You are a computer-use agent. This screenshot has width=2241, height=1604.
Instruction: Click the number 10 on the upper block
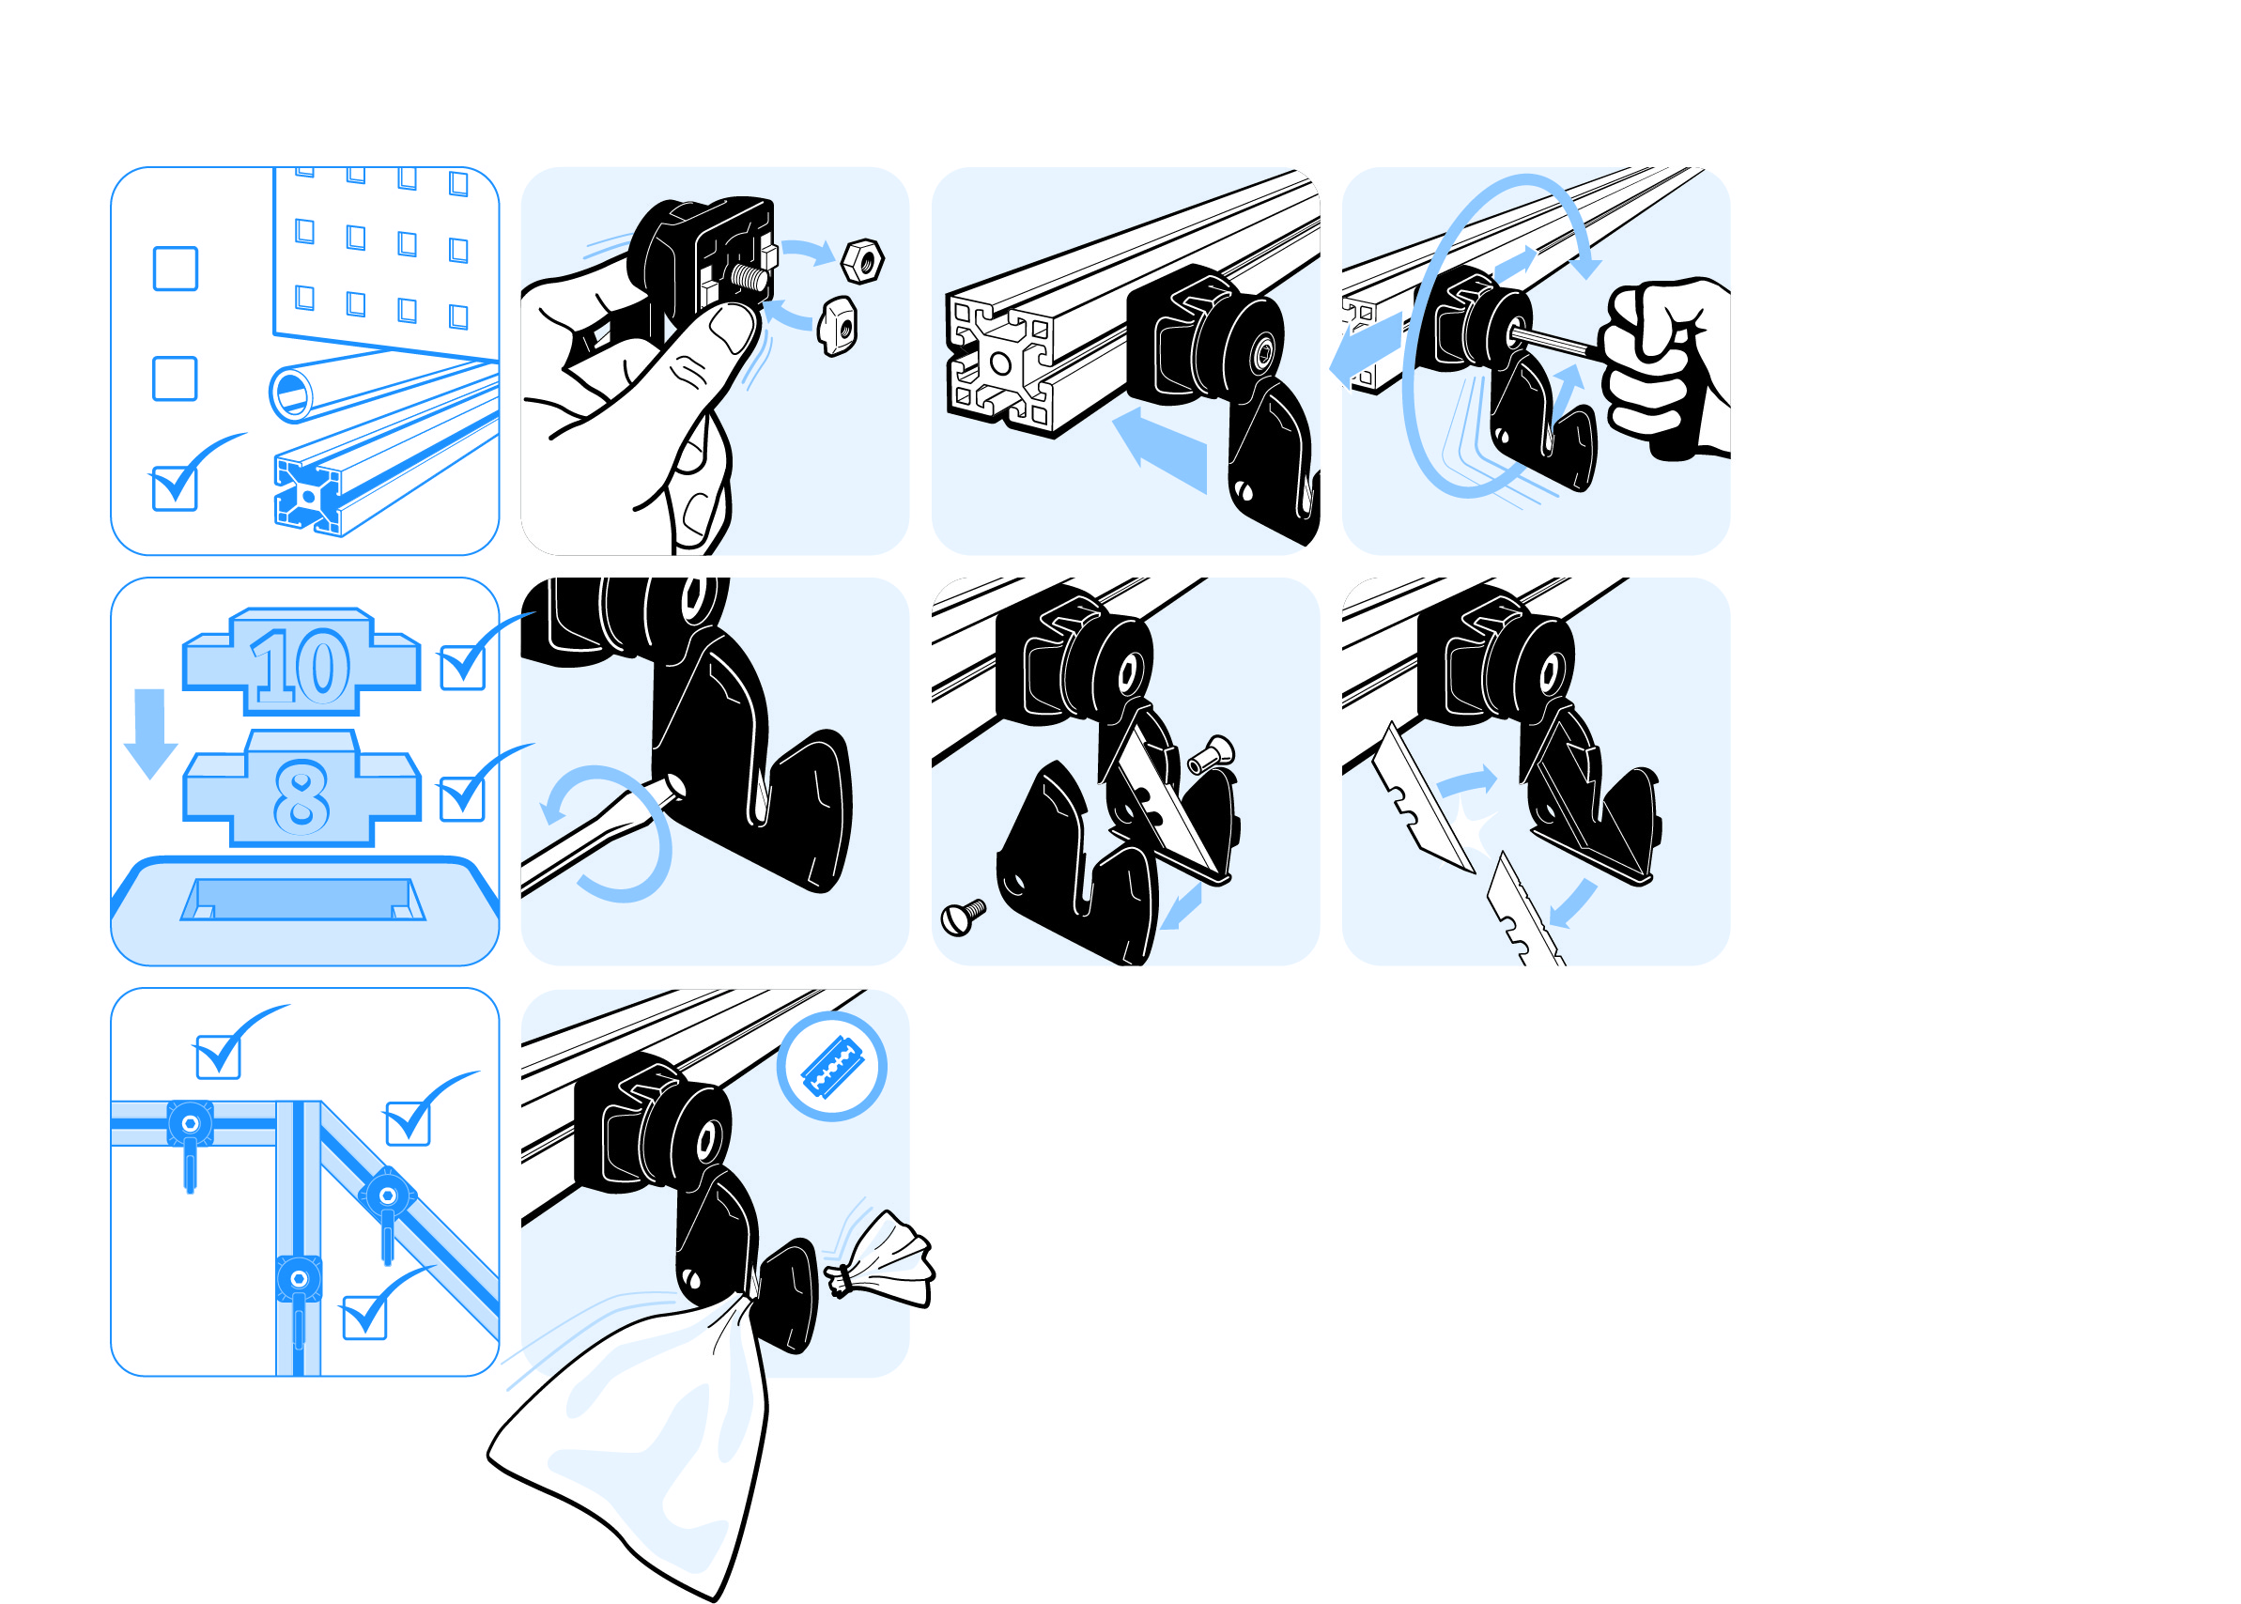coord(301,667)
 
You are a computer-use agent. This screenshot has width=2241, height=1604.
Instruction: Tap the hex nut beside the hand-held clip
coord(862,261)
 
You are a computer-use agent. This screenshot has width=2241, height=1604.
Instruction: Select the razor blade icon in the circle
coord(830,1067)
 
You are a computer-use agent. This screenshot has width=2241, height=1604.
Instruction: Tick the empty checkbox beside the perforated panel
coord(176,269)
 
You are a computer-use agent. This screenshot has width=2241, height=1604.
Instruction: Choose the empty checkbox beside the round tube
coord(175,378)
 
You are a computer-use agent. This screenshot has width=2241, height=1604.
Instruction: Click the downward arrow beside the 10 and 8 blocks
coord(150,733)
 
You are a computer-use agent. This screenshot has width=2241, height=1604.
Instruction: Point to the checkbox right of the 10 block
coord(462,668)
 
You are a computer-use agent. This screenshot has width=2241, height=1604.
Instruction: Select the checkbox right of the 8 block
coord(462,799)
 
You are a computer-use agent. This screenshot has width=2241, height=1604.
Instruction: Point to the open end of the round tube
coord(291,393)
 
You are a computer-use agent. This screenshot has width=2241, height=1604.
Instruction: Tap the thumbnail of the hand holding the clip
coord(732,328)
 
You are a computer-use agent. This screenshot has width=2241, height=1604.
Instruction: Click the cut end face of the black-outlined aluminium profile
coord(998,363)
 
